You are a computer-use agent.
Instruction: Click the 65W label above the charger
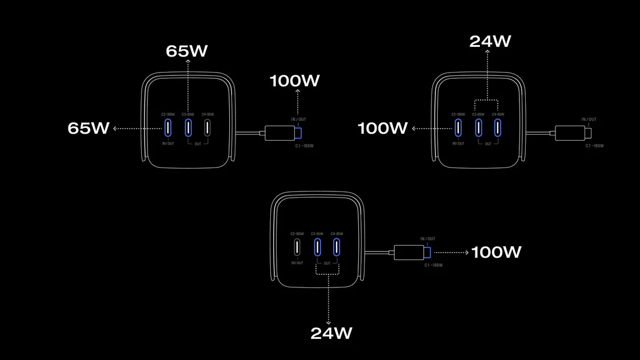[187, 51]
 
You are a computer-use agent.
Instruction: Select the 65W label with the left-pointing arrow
[89, 128]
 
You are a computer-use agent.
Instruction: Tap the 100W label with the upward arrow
[295, 81]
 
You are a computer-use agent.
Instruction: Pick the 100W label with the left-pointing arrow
[382, 128]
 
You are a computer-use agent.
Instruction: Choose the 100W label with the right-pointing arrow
[496, 252]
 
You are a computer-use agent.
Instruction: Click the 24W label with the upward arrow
[490, 41]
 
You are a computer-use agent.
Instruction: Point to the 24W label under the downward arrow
[331, 333]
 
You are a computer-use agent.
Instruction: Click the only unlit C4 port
[207, 127]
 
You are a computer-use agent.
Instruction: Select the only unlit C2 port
[297, 247]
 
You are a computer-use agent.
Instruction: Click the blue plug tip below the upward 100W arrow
[298, 133]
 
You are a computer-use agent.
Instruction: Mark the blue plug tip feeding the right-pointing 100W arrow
[427, 252]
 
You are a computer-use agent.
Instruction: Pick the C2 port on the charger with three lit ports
[459, 127]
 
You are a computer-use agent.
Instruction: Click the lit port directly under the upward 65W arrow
[187, 127]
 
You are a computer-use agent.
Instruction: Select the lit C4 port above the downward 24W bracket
[336, 247]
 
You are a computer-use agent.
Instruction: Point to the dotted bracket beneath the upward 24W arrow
[487, 102]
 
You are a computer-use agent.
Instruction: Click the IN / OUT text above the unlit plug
[589, 119]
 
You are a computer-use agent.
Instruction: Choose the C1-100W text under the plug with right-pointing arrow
[433, 265]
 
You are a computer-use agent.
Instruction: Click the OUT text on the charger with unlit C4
[198, 143]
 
